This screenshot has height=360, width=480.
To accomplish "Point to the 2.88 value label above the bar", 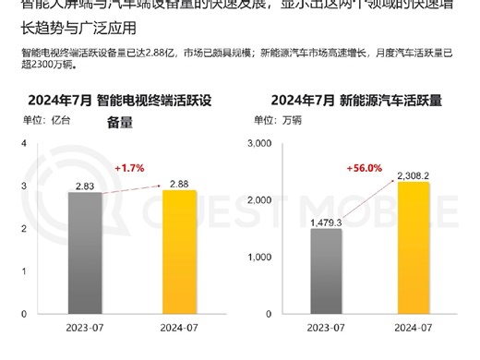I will click(179, 183).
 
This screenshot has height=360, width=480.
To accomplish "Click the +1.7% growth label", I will click(130, 169).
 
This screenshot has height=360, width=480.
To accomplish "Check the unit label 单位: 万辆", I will click(277, 119).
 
